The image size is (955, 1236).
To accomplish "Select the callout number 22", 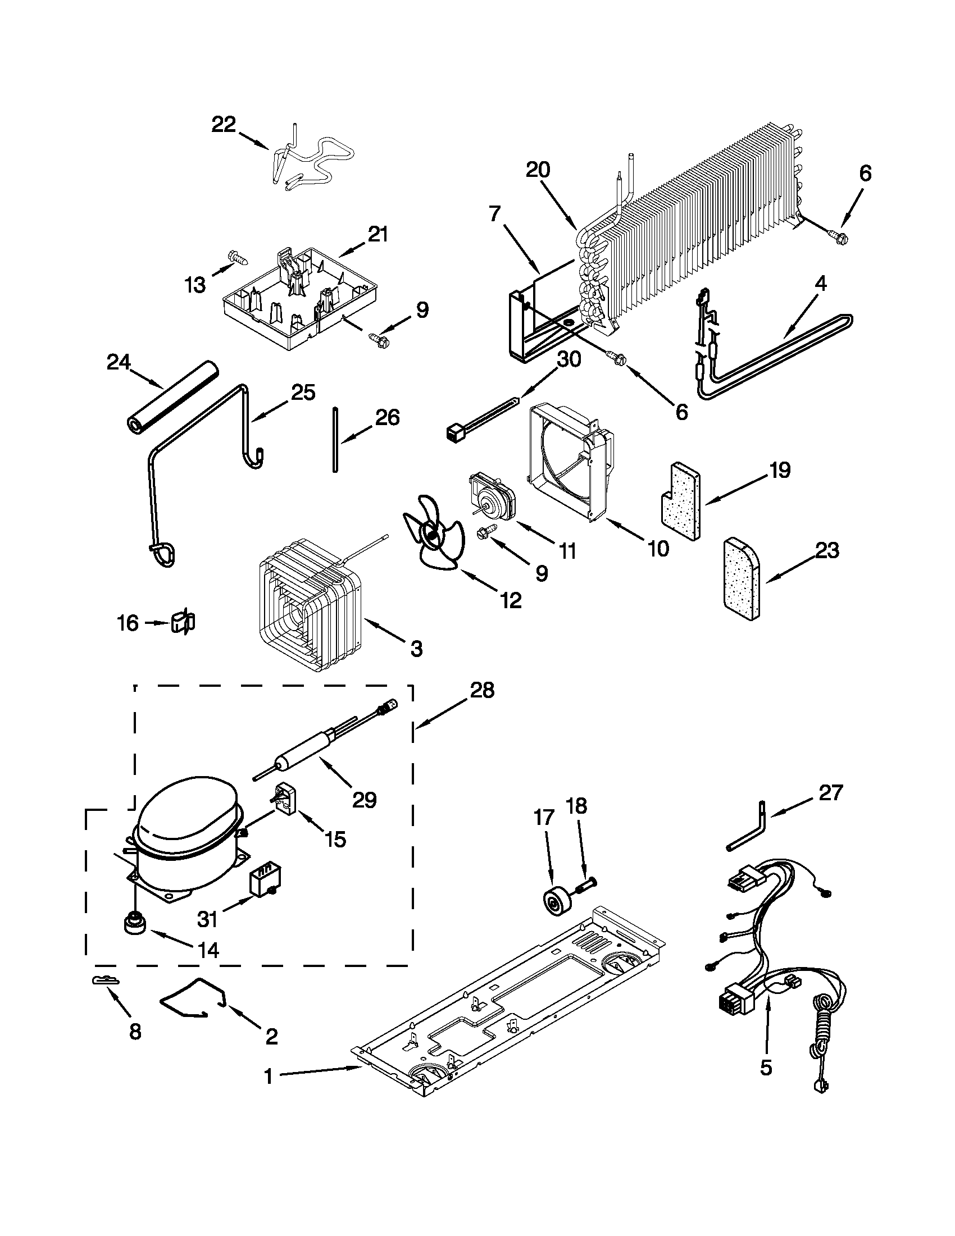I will coord(224,125).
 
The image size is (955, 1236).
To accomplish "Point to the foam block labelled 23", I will coord(742,577).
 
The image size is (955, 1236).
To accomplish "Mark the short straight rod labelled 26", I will coord(335,439).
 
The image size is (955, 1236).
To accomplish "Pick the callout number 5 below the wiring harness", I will coord(765,1068).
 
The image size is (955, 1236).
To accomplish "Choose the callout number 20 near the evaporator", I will coord(538,170).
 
